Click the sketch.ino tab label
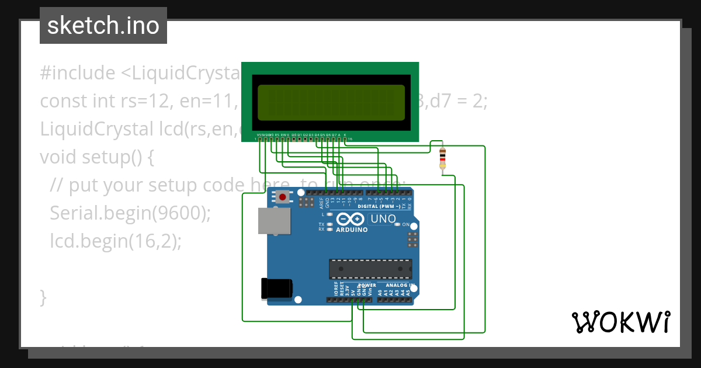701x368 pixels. [x=103, y=26]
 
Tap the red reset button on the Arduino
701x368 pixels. [x=283, y=197]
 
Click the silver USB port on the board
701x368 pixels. [x=274, y=222]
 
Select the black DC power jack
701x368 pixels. [x=276, y=289]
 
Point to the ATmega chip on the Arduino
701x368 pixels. [x=370, y=269]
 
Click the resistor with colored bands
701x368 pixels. [x=442, y=158]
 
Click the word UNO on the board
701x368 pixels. [x=383, y=219]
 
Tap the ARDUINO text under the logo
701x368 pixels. [x=352, y=230]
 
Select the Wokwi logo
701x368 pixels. [x=620, y=322]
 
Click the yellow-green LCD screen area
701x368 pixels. [x=331, y=103]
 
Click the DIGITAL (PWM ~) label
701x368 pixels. [x=379, y=207]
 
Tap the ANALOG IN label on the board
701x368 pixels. [x=400, y=285]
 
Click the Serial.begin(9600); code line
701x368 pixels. [x=130, y=213]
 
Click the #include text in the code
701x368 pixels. [x=78, y=73]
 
